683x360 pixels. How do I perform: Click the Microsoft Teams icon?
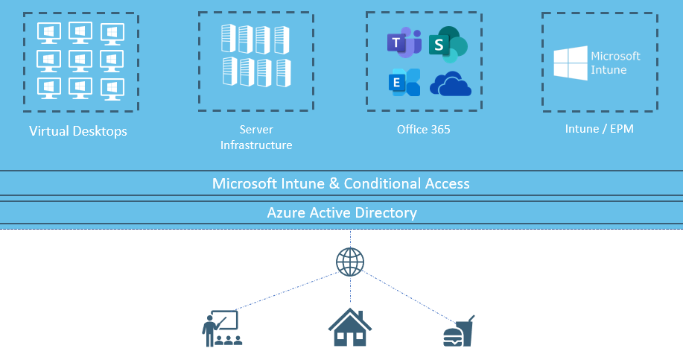pos(404,43)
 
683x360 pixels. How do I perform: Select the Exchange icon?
pos(404,83)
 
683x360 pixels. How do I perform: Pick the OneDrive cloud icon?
pos(451,84)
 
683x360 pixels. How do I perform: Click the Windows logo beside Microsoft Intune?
pos(570,63)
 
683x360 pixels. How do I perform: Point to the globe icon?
pos(350,262)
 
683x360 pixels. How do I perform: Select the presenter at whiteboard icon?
pos(221,328)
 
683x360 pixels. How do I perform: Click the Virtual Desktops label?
pos(78,132)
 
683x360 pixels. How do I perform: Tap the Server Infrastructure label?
pos(255,137)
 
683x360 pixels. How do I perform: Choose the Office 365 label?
pos(423,130)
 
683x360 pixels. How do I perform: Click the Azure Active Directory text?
pos(342,212)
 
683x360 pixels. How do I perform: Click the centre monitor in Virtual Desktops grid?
pos(79,60)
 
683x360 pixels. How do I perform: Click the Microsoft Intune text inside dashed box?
pos(615,63)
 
